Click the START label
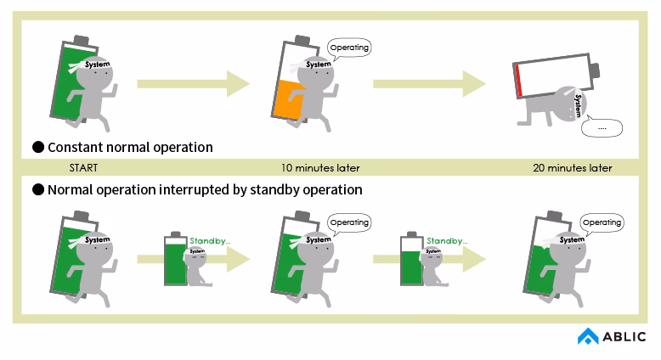coord(84,168)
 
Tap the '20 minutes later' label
coord(572,168)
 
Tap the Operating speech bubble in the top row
coord(349,48)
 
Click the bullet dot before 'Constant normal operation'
coord(38,147)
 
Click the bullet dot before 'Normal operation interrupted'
coord(38,189)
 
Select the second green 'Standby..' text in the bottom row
coord(447,240)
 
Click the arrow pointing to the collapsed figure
coord(429,83)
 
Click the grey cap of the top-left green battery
coord(80,40)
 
